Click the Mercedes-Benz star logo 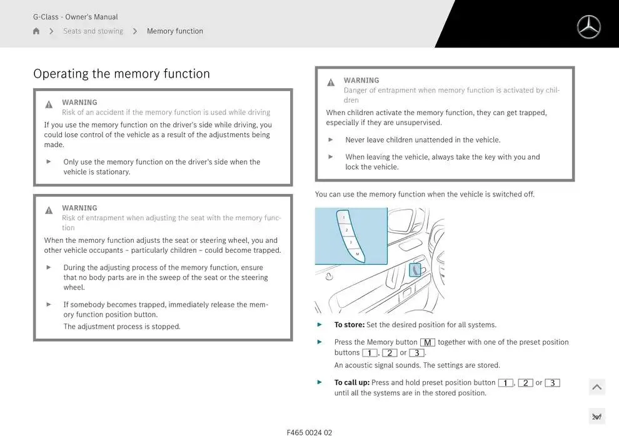click(x=588, y=27)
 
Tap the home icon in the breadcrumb click(x=36, y=31)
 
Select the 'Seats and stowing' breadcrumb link click(x=93, y=31)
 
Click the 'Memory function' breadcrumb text click(x=175, y=31)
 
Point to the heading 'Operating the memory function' click(x=121, y=74)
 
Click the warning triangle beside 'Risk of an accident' click(x=49, y=104)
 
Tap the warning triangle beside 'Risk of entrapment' click(x=49, y=210)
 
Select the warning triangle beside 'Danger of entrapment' click(x=331, y=82)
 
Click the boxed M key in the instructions click(x=428, y=342)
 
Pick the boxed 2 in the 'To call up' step click(x=525, y=383)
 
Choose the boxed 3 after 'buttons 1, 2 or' click(x=417, y=353)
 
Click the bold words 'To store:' click(x=350, y=325)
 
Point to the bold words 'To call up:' click(x=352, y=382)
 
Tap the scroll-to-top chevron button click(x=597, y=387)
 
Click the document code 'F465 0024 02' click(x=309, y=432)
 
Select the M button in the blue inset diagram click(x=357, y=254)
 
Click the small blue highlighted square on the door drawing click(x=415, y=270)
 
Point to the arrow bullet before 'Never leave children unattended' click(x=330, y=140)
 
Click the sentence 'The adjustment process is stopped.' click(x=122, y=327)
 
